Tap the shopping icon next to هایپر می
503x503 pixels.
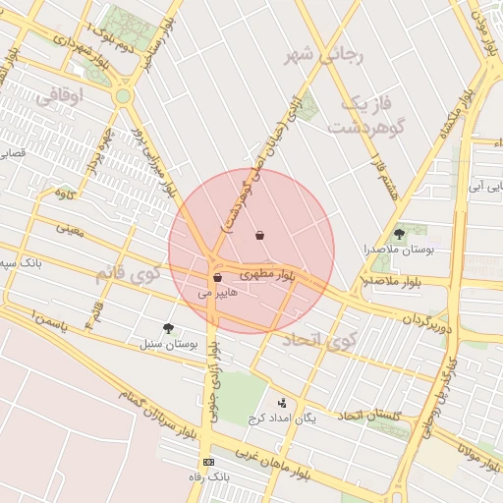click(x=216, y=279)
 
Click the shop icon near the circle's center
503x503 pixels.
click(x=259, y=235)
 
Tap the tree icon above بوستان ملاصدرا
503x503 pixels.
click(x=399, y=234)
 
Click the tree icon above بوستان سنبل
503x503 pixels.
click(x=168, y=329)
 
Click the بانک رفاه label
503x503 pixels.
click(x=208, y=477)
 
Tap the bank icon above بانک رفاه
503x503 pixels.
click(x=208, y=462)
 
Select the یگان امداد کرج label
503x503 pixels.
click(x=285, y=418)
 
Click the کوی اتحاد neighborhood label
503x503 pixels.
click(x=320, y=340)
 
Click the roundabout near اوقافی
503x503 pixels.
click(x=123, y=95)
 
